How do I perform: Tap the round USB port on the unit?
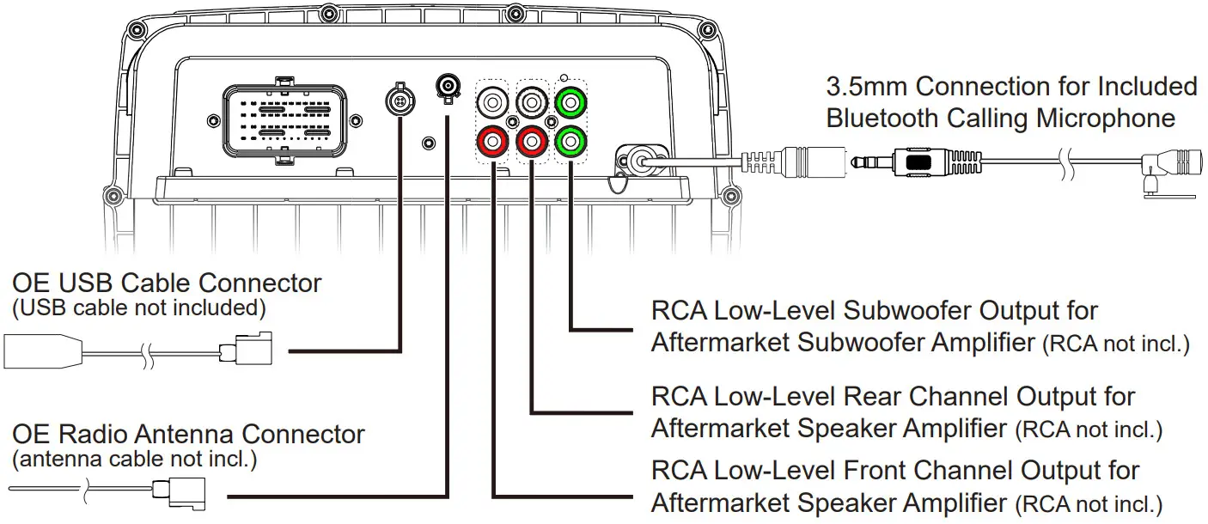pos(398,99)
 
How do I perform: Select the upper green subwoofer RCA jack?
pos(569,103)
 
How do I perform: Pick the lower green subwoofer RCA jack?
pos(569,138)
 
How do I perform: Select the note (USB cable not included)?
pos(136,307)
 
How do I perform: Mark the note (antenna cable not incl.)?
pos(135,460)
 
